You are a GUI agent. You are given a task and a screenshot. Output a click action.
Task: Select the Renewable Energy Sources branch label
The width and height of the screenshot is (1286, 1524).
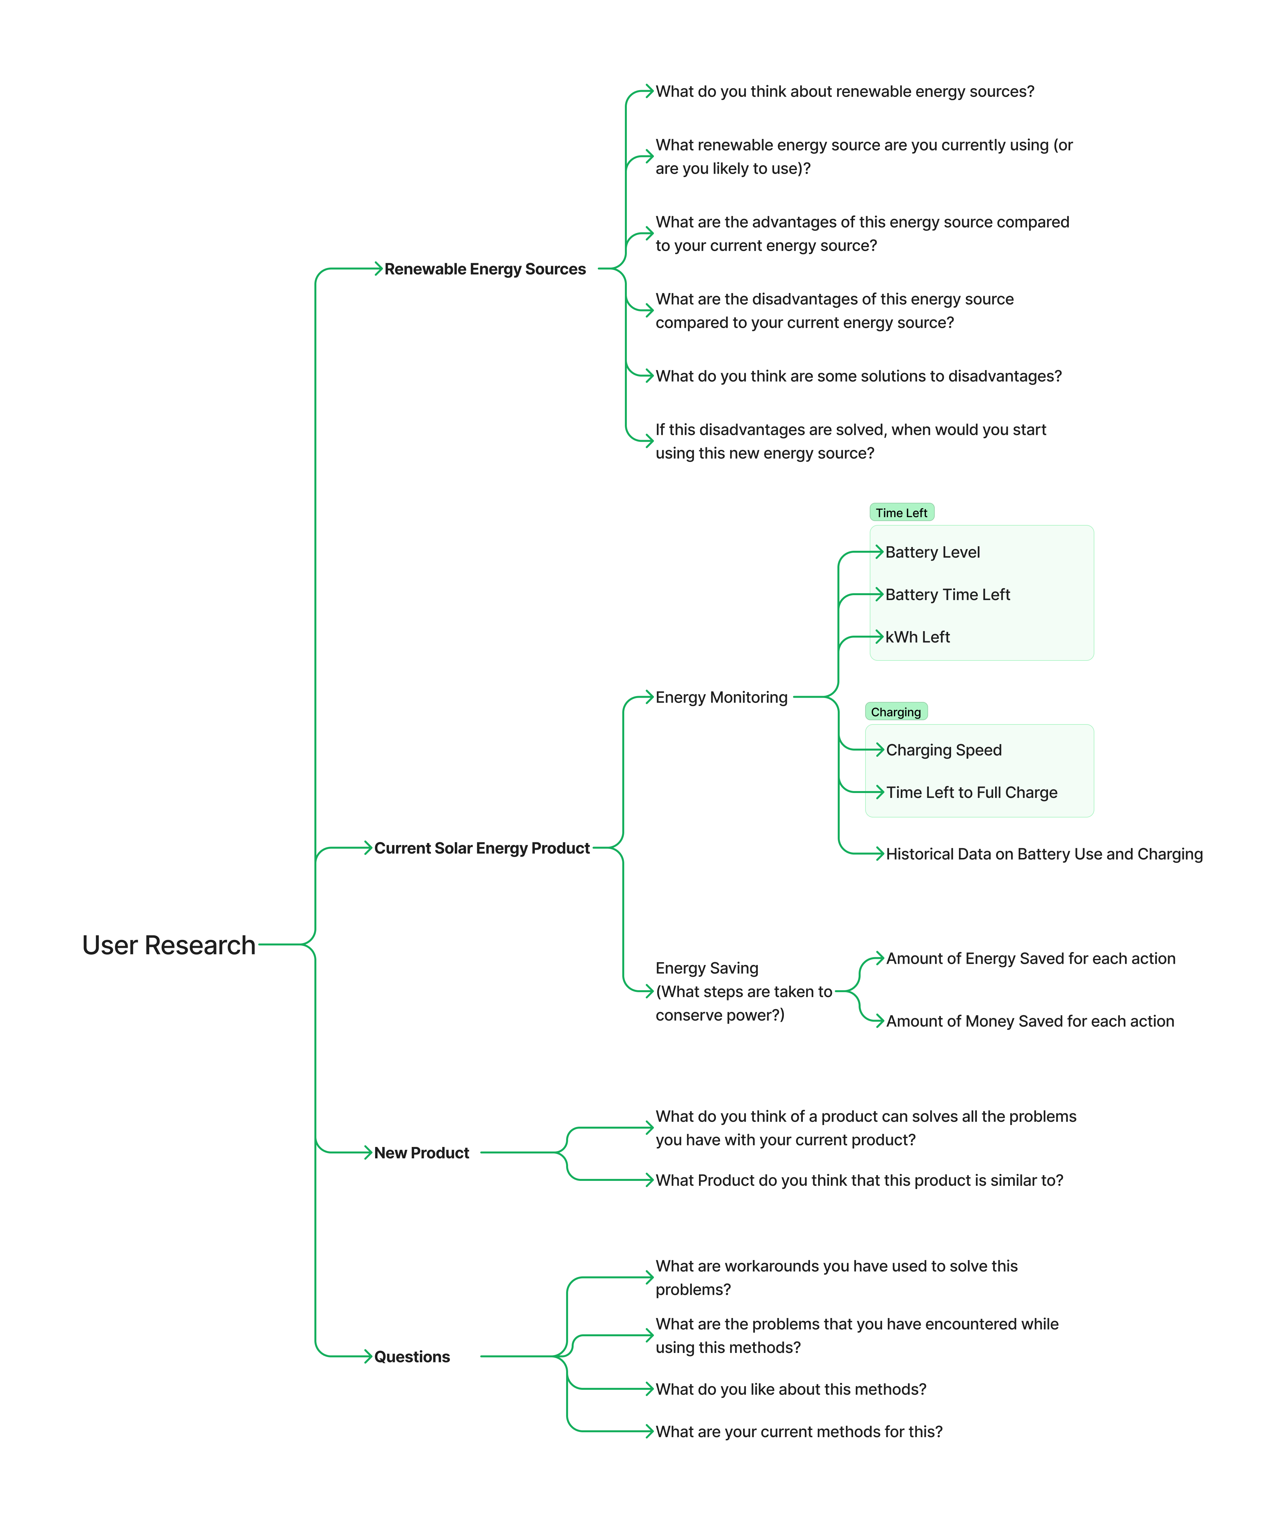pos(485,269)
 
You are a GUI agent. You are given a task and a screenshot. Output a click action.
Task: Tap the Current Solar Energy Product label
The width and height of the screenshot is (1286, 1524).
pos(482,849)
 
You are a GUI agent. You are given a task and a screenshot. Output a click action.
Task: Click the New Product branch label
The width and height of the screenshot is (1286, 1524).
pos(421,1153)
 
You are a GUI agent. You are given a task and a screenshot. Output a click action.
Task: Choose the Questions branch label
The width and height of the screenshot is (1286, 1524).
pos(412,1357)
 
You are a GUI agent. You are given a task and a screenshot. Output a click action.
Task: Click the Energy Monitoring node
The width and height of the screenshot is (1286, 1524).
pos(721,697)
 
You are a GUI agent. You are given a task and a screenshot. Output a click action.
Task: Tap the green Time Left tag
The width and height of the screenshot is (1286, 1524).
pos(901,512)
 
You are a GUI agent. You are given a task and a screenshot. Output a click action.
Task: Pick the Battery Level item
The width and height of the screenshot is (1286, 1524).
pos(932,552)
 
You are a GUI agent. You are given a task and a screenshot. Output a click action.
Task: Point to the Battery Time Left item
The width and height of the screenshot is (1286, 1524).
pos(947,595)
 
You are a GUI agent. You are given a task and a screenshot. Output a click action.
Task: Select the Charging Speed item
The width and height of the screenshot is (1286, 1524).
pos(943,750)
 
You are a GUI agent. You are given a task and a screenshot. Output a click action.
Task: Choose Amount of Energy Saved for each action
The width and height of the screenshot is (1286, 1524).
pos(1030,959)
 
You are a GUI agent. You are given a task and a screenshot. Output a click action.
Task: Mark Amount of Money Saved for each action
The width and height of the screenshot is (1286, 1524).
pos(1029,1021)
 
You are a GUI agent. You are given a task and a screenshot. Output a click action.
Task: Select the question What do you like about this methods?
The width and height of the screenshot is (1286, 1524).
pos(790,1389)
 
